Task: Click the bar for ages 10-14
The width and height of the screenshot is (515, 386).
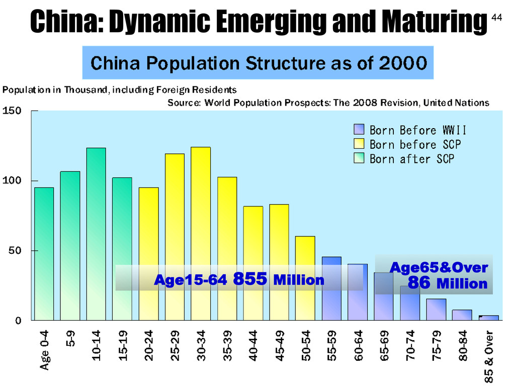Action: pyautogui.click(x=96, y=234)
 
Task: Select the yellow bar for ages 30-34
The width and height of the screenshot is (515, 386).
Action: pyautogui.click(x=201, y=234)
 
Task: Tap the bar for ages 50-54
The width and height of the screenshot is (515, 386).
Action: pyautogui.click(x=305, y=278)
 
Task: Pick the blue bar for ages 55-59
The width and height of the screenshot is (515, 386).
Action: pyautogui.click(x=331, y=288)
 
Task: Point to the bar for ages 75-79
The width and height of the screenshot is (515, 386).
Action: pyautogui.click(x=436, y=310)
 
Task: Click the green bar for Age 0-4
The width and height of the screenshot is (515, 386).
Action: pyautogui.click(x=44, y=254)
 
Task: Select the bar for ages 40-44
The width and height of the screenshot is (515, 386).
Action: pyautogui.click(x=253, y=263)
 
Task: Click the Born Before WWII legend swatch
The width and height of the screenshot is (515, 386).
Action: pyautogui.click(x=359, y=129)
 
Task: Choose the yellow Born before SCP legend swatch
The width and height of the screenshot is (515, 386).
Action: pyautogui.click(x=359, y=144)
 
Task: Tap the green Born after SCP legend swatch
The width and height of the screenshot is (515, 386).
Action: pyautogui.click(x=359, y=158)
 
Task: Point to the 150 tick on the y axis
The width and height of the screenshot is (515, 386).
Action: pyautogui.click(x=12, y=111)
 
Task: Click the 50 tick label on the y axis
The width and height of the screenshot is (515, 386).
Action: pyautogui.click(x=15, y=251)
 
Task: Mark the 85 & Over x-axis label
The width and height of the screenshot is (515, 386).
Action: pyautogui.click(x=489, y=357)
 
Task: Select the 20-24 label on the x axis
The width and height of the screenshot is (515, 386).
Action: pyautogui.click(x=149, y=346)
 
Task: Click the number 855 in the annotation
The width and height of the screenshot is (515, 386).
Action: pyautogui.click(x=250, y=279)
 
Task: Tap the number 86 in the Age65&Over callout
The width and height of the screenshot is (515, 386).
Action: pyautogui.click(x=419, y=282)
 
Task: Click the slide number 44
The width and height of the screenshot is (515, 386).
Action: pyautogui.click(x=496, y=18)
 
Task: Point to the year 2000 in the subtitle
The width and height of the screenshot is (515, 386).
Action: pyautogui.click(x=403, y=63)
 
